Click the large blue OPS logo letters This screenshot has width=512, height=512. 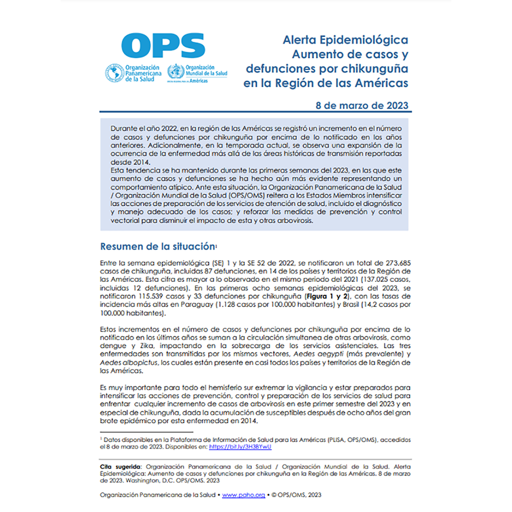point(163,45)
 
